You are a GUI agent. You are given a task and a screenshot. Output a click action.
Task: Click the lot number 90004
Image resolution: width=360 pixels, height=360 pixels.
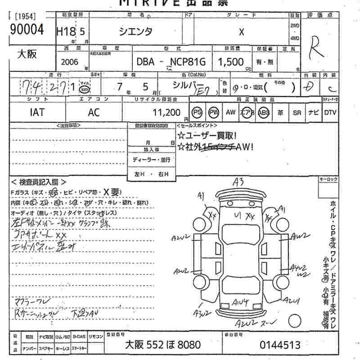(27, 30)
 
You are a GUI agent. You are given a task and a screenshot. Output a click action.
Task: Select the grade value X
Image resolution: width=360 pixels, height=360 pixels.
(242, 32)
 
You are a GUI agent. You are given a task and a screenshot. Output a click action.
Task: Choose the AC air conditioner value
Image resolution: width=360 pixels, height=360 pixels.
(94, 112)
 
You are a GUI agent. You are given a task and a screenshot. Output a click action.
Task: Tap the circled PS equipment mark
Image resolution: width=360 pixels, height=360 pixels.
(197, 112)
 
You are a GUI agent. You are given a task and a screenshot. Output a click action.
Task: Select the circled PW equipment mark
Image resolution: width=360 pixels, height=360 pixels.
(214, 112)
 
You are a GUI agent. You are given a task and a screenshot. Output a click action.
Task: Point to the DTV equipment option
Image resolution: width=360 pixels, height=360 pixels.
(330, 112)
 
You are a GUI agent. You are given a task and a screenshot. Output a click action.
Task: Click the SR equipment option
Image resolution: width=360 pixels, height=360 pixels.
(297, 112)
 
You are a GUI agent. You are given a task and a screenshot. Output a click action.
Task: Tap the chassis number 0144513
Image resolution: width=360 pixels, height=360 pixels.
(280, 345)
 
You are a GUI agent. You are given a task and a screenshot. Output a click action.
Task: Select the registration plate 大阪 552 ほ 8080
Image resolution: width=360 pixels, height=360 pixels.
(162, 345)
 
